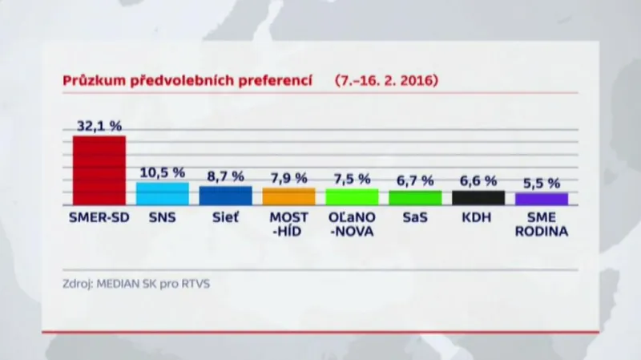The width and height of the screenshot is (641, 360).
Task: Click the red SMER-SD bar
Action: pos(99,170)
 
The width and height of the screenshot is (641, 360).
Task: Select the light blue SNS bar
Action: pos(162,193)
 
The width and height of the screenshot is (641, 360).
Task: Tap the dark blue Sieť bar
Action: pos(225,196)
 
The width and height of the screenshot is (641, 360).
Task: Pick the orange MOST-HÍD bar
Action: pos(288,196)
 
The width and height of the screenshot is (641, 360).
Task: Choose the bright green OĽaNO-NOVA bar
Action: pos(352,196)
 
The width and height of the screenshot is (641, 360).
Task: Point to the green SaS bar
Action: pos(415,197)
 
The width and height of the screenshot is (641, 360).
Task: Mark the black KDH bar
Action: pos(478,197)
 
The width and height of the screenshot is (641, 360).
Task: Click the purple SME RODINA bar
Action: pos(542,199)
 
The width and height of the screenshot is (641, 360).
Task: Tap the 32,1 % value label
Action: pos(99,126)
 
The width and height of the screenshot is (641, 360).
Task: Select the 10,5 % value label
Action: pos(162,172)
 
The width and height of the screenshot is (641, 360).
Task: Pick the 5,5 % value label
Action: pos(542,183)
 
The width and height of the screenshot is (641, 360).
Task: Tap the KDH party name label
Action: pos(478,216)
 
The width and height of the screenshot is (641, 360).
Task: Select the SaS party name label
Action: pos(415,216)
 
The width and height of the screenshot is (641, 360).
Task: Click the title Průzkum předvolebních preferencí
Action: pos(187,81)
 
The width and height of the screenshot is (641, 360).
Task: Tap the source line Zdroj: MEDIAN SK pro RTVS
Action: pos(135,283)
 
